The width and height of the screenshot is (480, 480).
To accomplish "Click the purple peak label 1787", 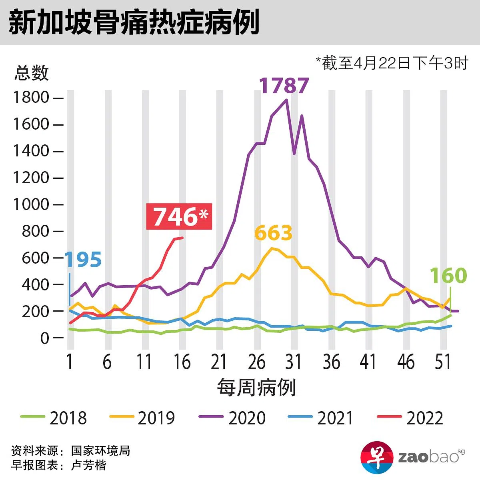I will point(284,85).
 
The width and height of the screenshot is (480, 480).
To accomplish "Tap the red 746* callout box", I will point(179,217).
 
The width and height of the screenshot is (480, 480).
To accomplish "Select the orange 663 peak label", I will point(274,233).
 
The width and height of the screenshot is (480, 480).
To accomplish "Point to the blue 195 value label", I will point(83,260).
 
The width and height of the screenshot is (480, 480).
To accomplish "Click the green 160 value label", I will point(448,276).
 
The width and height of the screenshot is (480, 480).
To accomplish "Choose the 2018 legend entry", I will point(54,418).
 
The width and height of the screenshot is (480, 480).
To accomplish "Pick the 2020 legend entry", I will point(232,418).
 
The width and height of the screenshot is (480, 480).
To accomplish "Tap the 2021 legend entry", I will point(321,418).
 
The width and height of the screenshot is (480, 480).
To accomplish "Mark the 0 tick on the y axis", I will point(45,338).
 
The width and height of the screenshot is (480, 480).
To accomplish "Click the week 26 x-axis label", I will point(256,362).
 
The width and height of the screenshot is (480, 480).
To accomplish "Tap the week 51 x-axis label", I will point(443,362).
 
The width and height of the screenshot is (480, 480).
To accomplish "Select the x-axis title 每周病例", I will point(256,388).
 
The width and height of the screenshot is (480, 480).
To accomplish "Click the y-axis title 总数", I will point(32,73).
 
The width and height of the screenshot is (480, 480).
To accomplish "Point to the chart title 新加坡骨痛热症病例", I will point(134,22).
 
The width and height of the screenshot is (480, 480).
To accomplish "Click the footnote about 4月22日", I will point(392,63).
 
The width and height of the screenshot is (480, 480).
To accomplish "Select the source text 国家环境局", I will point(100,451).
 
